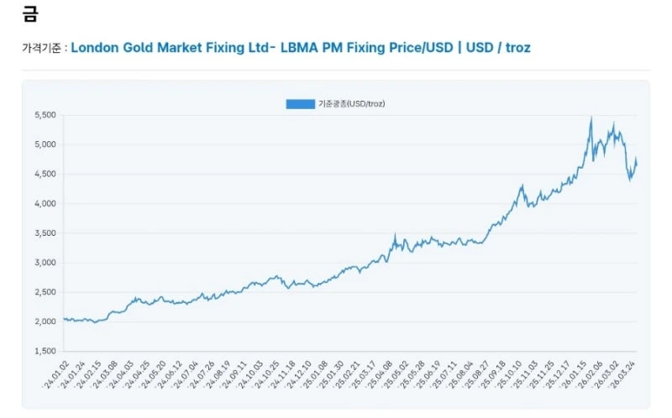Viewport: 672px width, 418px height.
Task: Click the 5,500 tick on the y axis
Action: point(44,115)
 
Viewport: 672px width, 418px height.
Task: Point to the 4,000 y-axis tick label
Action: point(44,203)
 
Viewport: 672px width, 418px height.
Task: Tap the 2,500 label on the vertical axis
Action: point(44,292)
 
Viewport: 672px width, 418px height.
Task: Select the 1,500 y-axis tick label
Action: point(44,351)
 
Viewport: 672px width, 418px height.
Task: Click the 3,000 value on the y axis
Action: point(44,263)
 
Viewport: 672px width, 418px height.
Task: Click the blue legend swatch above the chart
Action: point(299,104)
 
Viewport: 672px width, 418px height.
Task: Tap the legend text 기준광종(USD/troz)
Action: point(351,104)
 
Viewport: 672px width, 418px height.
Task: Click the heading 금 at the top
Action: point(30,14)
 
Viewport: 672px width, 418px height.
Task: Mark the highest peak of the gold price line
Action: point(591,118)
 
